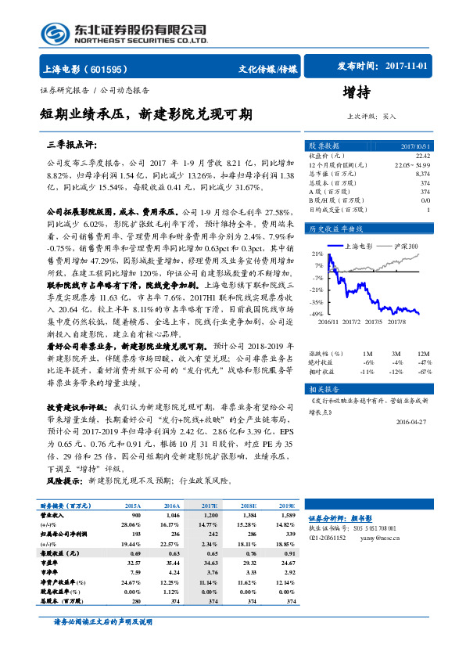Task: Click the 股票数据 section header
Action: (323, 146)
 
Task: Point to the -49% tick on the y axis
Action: (317, 314)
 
